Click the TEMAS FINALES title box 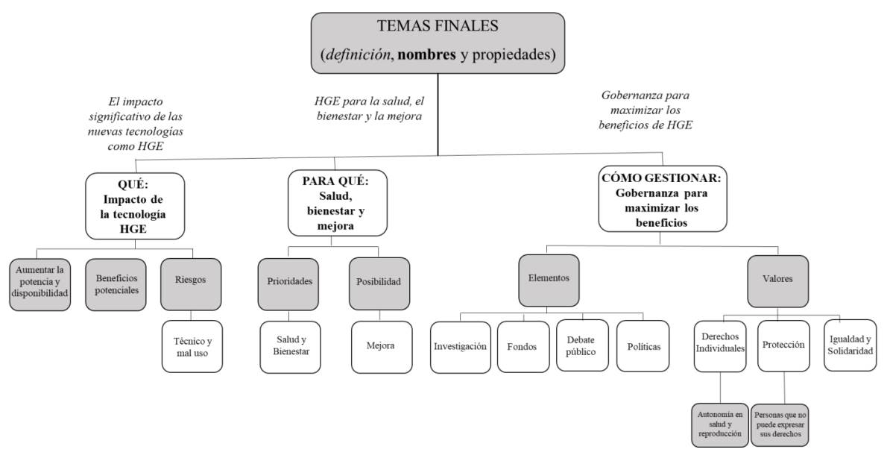(x=438, y=43)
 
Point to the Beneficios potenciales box (x=116, y=283)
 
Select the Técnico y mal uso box (x=192, y=346)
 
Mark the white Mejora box (x=381, y=346)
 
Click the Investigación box (x=460, y=347)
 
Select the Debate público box (x=581, y=347)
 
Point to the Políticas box (x=643, y=347)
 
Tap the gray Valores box (x=777, y=280)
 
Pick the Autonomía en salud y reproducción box (x=719, y=424)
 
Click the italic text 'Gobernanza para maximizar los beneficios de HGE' (x=645, y=110)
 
